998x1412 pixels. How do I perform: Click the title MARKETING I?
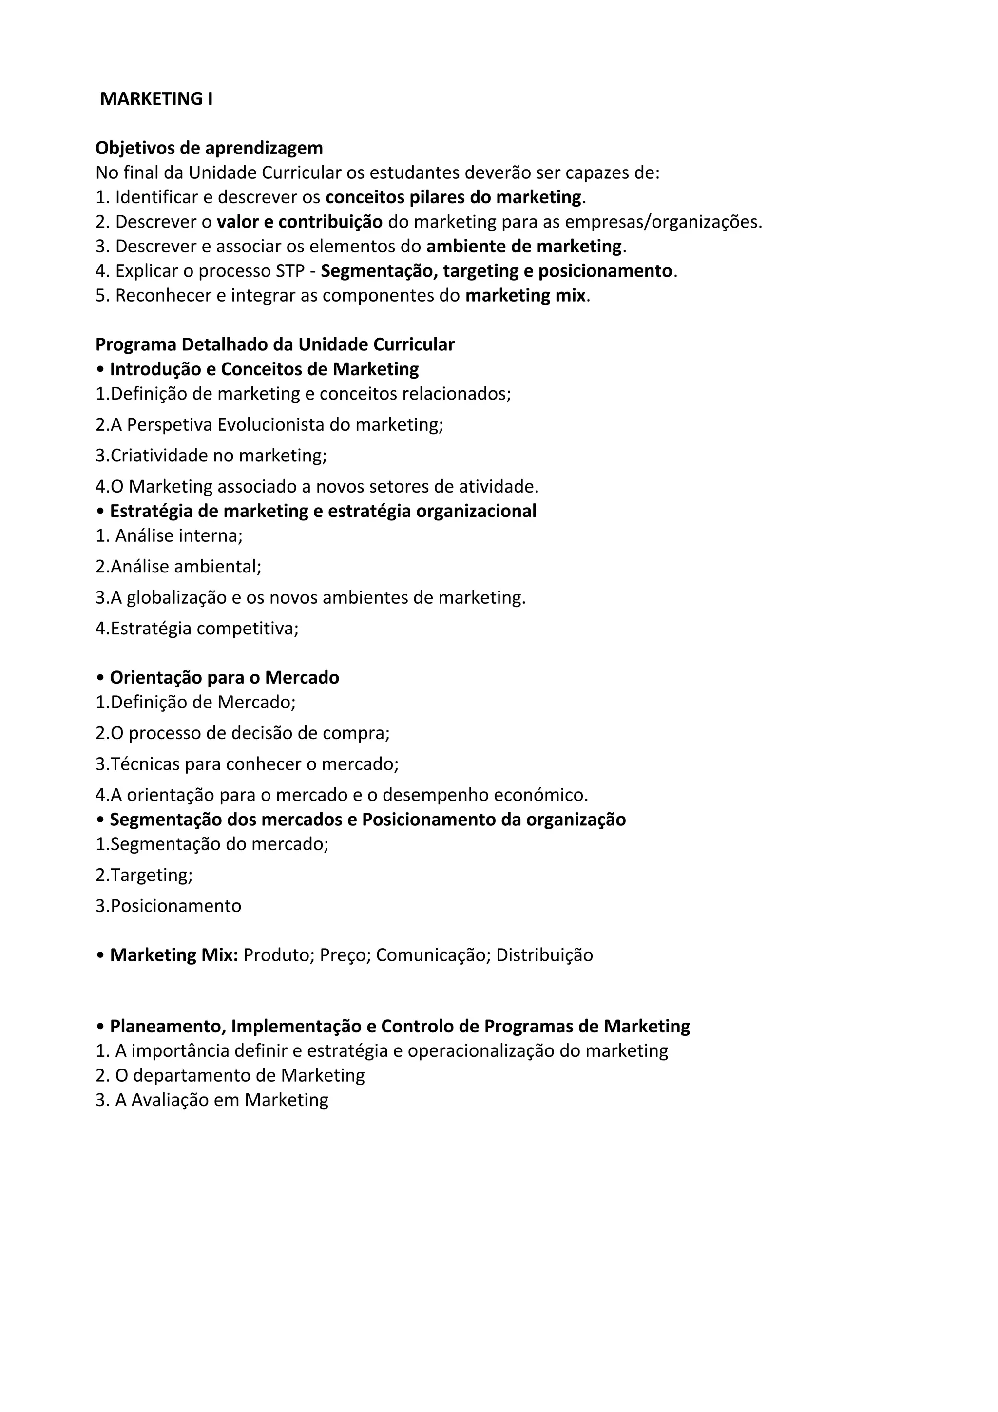(x=156, y=99)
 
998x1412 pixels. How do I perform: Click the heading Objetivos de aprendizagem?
(x=209, y=148)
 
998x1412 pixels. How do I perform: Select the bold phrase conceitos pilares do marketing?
(x=453, y=197)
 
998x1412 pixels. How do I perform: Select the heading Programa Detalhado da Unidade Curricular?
(x=275, y=345)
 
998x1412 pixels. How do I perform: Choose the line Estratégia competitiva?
(x=197, y=629)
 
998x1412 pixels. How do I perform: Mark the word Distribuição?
(x=544, y=955)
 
